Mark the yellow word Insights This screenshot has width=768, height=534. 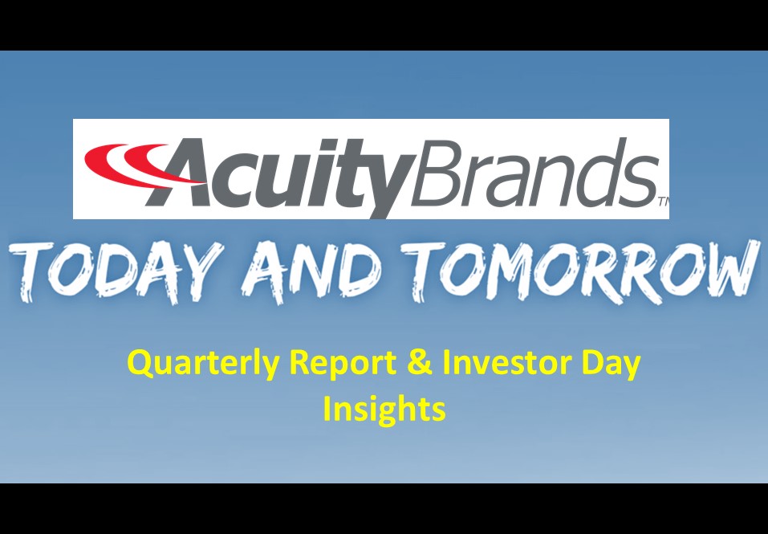point(384,409)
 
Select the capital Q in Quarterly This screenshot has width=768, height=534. point(141,365)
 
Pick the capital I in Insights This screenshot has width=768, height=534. point(327,409)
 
